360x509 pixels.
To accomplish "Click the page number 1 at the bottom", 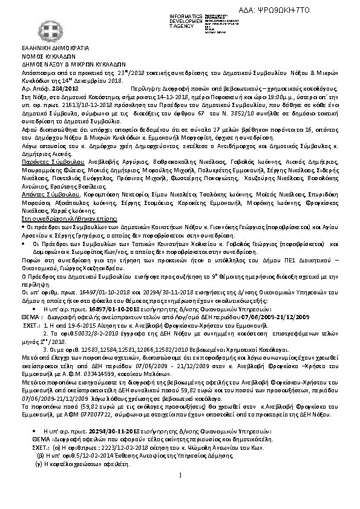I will (181, 497).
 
